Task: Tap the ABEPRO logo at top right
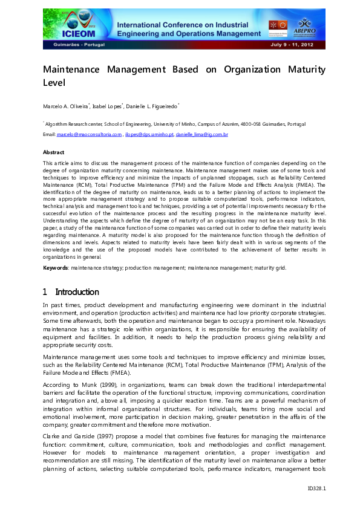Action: click(305, 26)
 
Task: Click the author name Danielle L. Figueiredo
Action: click(154, 106)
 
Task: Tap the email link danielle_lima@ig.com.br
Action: click(201, 134)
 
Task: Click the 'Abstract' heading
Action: click(54, 152)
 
